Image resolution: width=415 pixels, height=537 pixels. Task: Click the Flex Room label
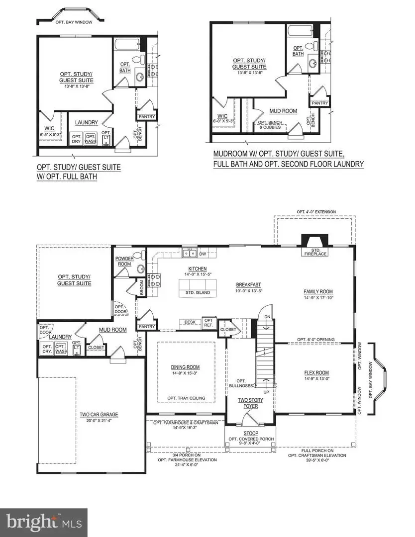(x=316, y=373)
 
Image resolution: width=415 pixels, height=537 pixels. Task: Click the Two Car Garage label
(x=99, y=414)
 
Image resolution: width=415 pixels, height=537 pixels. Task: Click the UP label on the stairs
(x=266, y=392)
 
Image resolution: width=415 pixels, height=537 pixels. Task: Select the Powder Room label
(x=123, y=261)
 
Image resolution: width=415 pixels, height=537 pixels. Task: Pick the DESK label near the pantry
(x=190, y=322)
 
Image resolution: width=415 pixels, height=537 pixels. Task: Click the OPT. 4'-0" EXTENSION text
(x=316, y=212)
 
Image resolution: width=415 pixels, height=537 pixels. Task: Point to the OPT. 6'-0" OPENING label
(x=315, y=340)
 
